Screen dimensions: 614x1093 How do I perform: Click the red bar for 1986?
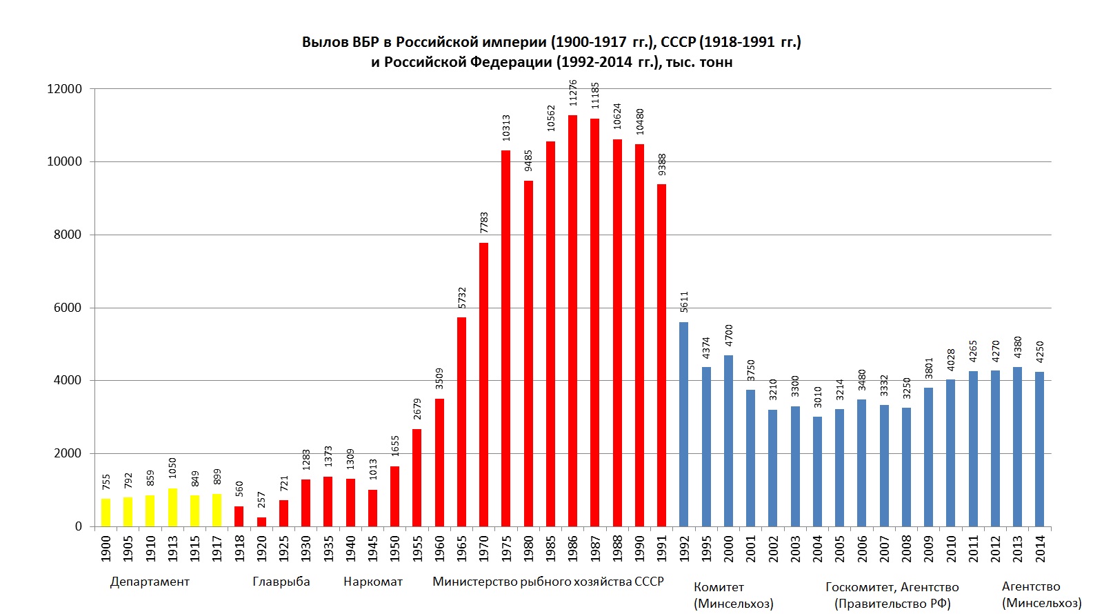coord(572,321)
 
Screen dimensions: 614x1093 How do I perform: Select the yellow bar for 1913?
coord(172,508)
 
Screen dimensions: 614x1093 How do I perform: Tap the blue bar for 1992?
coord(683,424)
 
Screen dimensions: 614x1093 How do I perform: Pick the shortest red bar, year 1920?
coord(261,522)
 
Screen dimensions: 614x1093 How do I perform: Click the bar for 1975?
coord(505,338)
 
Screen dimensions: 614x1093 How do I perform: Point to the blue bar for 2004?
coord(817,471)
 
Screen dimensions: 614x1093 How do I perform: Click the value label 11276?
coord(573,93)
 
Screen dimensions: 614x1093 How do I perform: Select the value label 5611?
coord(684,302)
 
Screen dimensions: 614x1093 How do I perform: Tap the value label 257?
coord(261,499)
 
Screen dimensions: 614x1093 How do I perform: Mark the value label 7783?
coord(484,222)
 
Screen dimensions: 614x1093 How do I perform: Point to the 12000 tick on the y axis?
coord(64,89)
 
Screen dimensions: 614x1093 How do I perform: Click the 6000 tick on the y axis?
coord(68,308)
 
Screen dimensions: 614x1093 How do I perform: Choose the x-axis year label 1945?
coord(372,548)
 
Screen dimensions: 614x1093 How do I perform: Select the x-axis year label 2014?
coord(1040,548)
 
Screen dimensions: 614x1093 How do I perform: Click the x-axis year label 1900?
coord(106,548)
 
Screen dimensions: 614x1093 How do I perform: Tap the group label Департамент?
coord(150,582)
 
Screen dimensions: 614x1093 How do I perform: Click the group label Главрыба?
coord(281,582)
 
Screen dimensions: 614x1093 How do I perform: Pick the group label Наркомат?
coord(373,582)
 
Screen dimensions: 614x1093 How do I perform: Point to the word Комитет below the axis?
coord(719,587)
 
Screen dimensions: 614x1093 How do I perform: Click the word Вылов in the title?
coord(325,42)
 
